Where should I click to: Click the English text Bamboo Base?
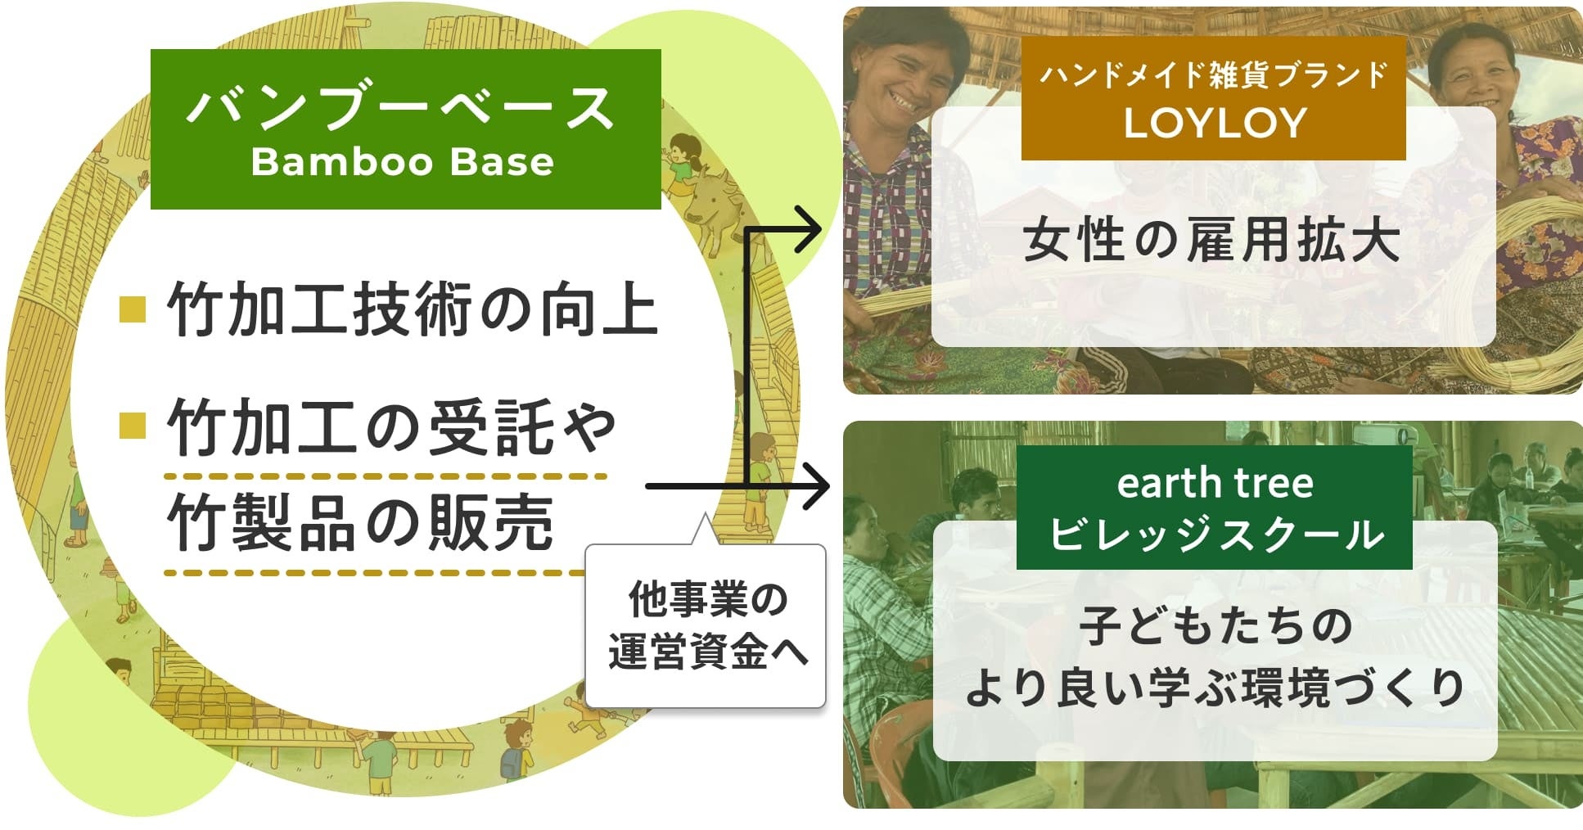click(x=402, y=161)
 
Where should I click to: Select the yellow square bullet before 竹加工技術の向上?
click(x=133, y=309)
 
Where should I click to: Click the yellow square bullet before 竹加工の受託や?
click(x=133, y=426)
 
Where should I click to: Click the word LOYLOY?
click(x=1215, y=124)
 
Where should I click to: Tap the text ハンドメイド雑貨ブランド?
click(x=1213, y=75)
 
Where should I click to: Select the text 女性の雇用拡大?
click(x=1211, y=241)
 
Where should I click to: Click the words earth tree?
click(x=1215, y=484)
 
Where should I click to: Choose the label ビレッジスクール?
click(x=1215, y=535)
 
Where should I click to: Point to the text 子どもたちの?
click(x=1215, y=626)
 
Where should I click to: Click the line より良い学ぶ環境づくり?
click(x=1215, y=688)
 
